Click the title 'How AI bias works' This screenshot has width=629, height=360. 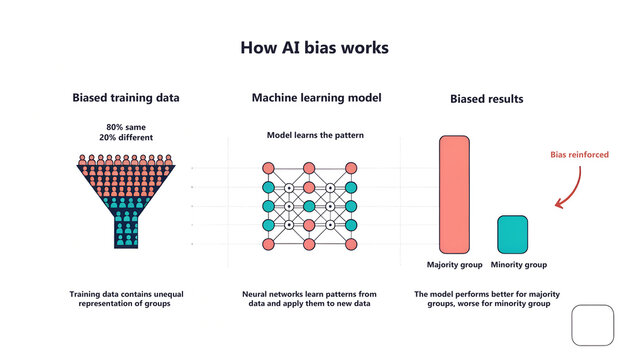[314, 47]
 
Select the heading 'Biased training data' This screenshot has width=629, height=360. [126, 99]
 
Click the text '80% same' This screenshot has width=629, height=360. [126, 127]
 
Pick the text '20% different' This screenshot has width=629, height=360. [126, 138]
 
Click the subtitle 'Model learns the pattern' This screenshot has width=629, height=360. [314, 134]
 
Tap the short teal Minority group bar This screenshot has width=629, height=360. [512, 234]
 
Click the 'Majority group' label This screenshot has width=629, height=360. [455, 265]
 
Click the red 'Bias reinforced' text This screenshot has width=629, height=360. [580, 155]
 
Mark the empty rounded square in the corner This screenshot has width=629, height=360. [591, 326]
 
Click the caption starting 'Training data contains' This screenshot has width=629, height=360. [126, 299]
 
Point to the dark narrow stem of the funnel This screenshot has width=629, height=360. [126, 233]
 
